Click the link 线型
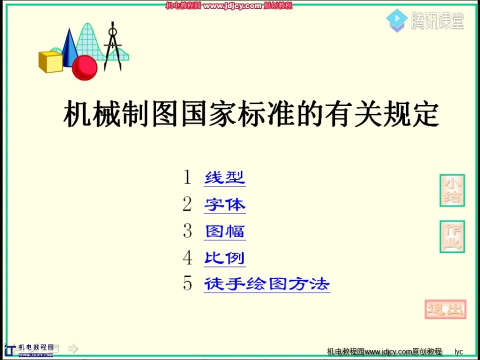pos(224,177)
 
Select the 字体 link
pos(224,204)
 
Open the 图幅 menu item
pos(224,231)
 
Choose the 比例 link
pos(224,258)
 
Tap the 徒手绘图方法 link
pos(266,284)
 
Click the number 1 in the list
pos(187,177)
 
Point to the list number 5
pos(187,284)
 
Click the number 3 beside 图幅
pos(187,230)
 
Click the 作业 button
pos(452,236)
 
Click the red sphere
pos(84,68)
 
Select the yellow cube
pos(50,61)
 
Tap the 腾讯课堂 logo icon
pos(396,20)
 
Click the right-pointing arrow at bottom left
pos(73,348)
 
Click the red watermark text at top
pos(228,5)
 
